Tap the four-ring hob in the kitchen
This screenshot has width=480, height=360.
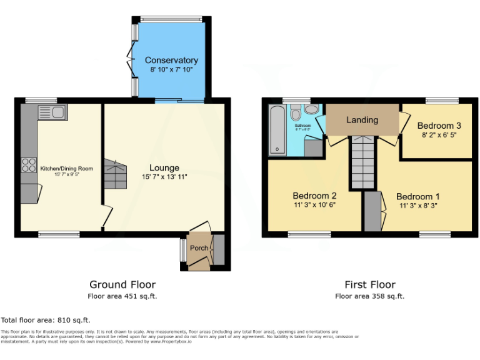coord(29,165)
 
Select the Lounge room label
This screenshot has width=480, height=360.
coord(164,167)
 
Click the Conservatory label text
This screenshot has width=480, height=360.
coord(171,61)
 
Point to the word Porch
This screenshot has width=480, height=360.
coord(199,248)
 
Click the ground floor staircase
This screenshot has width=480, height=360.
coord(115,174)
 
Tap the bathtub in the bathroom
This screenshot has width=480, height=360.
coord(276,129)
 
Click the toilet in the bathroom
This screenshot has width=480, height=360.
coord(296,112)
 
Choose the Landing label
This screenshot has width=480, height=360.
coord(362,120)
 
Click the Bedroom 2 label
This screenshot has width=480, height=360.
coord(315,195)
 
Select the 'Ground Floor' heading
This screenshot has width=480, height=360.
coord(122,284)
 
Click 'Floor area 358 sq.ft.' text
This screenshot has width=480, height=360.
coord(369,296)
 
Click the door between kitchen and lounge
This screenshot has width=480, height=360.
coord(107,217)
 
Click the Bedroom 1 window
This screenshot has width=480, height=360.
coord(434,234)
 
